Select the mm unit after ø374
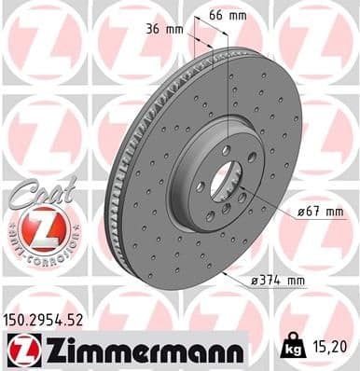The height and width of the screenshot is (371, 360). pyautogui.click(x=298, y=279)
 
